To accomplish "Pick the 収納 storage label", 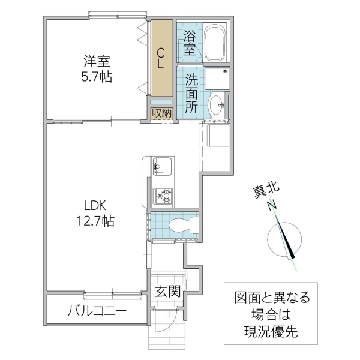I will [x=161, y=113].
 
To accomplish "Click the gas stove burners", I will [x=163, y=195].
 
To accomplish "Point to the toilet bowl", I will [x=181, y=226].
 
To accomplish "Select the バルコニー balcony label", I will [x=97, y=312].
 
